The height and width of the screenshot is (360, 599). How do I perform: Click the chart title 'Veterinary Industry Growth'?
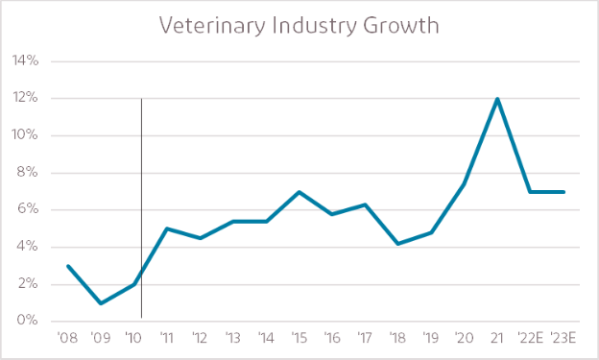(299, 25)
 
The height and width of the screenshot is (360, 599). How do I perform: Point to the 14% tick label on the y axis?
(26, 61)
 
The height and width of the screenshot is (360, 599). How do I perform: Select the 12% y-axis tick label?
(26, 98)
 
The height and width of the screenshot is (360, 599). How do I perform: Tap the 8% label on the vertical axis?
(28, 173)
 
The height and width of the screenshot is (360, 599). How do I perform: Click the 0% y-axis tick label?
(28, 322)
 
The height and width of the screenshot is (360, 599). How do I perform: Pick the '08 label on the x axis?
(67, 338)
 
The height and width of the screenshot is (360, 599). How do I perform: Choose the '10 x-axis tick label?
(134, 338)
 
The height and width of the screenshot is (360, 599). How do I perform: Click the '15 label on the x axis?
(300, 338)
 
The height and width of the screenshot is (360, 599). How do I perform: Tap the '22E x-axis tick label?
(531, 338)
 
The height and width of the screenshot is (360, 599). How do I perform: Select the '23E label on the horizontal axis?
(564, 338)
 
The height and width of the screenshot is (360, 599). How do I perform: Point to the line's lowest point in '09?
(101, 303)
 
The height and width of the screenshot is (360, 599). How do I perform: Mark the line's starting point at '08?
(67, 266)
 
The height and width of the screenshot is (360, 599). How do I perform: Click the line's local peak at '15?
(300, 192)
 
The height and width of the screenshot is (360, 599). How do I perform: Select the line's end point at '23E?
(564, 192)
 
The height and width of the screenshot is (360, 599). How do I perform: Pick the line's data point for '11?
(167, 228)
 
